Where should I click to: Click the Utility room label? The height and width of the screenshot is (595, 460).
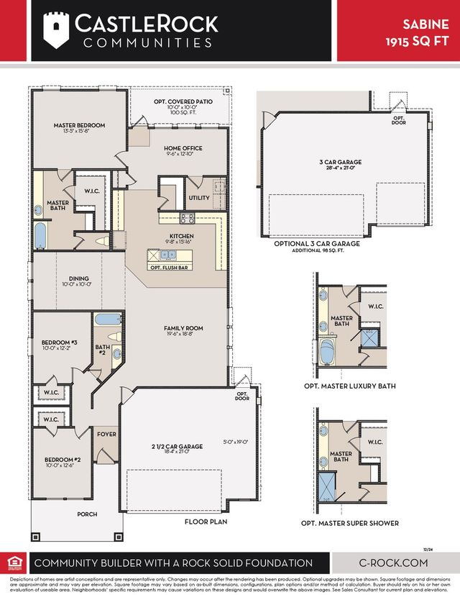[x=199, y=198]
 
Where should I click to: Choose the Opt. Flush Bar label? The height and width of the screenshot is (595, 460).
[x=170, y=267]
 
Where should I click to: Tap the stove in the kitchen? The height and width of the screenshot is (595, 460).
[x=187, y=219]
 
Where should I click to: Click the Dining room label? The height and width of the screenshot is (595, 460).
[x=79, y=278]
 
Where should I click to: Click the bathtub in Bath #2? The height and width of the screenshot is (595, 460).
[x=109, y=319]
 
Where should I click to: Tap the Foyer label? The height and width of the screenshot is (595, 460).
[x=107, y=434]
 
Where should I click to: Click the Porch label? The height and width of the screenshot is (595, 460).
[x=86, y=514]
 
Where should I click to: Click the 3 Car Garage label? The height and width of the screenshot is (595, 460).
[x=340, y=162]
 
